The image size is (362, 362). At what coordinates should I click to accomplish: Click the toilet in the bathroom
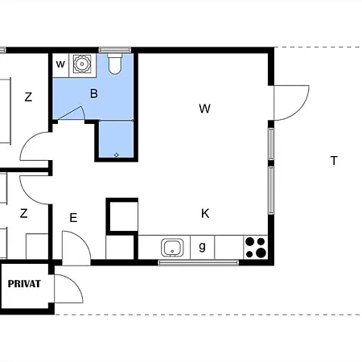[x=115, y=64]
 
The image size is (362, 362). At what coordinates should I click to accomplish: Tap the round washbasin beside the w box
[x=82, y=64]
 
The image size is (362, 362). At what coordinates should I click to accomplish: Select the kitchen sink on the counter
[x=172, y=247]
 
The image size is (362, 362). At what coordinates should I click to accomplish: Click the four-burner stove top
[x=256, y=247]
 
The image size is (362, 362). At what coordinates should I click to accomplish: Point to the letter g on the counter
[x=203, y=246]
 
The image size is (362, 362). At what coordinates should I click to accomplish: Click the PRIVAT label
[x=24, y=284]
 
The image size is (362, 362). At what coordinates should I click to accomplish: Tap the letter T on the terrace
[x=334, y=161]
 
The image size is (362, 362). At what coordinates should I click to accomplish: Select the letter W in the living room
[x=204, y=109]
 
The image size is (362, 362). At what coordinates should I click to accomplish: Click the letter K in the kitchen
[x=205, y=214]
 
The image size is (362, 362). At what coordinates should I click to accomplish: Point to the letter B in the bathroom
[x=94, y=93]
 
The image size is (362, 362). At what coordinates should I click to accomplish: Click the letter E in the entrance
[x=73, y=218]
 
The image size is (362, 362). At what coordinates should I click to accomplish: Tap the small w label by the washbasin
[x=60, y=64]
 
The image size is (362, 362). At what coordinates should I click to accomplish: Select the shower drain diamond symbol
[x=116, y=154]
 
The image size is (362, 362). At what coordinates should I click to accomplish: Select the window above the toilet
[x=115, y=50]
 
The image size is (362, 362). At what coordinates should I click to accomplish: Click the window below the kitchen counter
[x=199, y=262]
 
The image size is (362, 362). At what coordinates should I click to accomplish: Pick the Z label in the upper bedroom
[x=28, y=97]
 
